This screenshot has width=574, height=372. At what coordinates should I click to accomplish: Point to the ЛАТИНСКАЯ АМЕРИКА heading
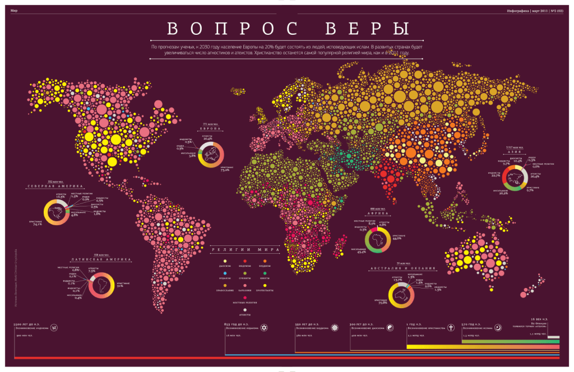click(x=101, y=260)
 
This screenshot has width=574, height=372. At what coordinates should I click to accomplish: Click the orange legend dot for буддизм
click(x=263, y=261)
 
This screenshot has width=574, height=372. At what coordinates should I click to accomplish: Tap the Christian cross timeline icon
click(x=450, y=327)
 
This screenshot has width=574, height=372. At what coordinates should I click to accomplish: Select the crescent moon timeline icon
click(x=498, y=327)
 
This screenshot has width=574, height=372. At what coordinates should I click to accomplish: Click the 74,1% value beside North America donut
click(x=38, y=224)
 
